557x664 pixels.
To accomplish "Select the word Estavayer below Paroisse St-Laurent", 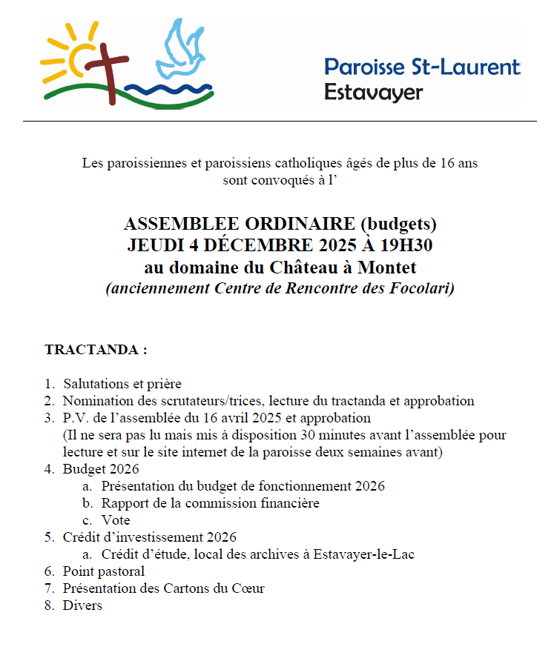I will pos(373,93).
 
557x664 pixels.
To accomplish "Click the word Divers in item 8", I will pos(82,605).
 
